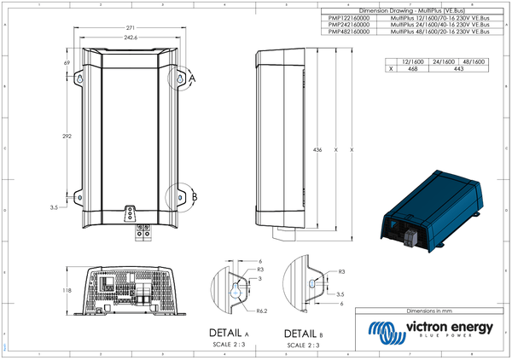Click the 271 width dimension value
pos(130,28)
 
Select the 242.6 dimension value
pos(130,38)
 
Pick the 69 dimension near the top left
pos(67,63)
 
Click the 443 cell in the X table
pos(458,69)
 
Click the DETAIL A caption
pos(228,333)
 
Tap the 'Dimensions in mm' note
pos(433,314)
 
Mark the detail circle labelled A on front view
pos(182,78)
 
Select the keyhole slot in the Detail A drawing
pos(235,290)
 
